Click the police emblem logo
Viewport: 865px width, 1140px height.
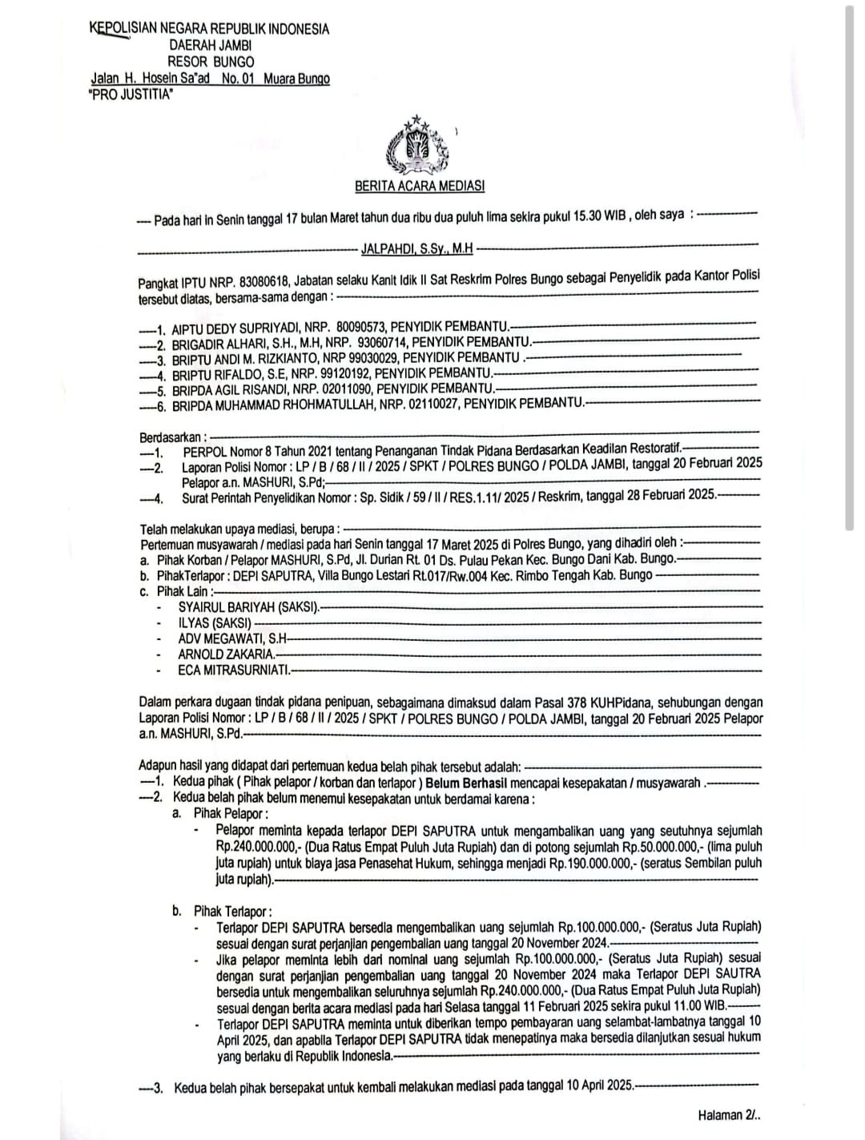[x=416, y=147]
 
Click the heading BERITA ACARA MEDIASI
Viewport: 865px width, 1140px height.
[x=420, y=187]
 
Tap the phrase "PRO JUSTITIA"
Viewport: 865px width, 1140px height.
[x=131, y=94]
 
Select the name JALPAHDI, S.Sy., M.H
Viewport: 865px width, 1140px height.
[x=416, y=249]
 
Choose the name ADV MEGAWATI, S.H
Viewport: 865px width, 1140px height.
[x=232, y=638]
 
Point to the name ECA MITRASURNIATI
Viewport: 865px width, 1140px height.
[x=234, y=670]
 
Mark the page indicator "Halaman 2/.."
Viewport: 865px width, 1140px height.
[x=728, y=1115]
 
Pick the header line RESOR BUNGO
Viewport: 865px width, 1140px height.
[x=211, y=62]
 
